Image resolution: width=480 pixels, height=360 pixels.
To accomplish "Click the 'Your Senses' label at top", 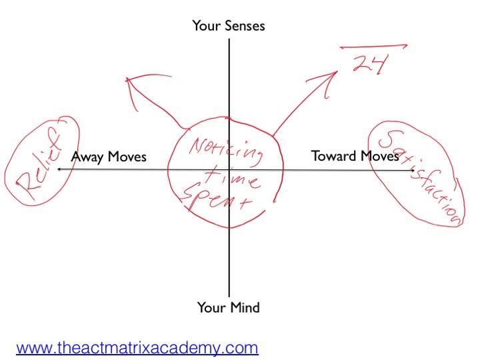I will tap(229, 26).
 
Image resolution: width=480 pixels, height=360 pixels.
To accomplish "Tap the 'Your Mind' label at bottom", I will tap(228, 307).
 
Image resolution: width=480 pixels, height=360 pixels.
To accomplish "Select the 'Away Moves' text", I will tap(108, 157).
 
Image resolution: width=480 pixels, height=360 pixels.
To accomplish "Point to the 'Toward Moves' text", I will tap(355, 156).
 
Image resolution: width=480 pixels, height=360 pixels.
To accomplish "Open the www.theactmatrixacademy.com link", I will tap(137, 347).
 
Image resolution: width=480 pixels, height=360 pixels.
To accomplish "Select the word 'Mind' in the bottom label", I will tap(244, 307).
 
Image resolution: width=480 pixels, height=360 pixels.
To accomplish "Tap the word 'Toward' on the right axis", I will tap(335, 156).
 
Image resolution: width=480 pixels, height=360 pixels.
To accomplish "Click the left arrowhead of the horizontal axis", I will tap(59, 170).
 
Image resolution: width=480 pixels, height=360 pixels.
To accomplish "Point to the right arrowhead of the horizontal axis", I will tap(415, 171).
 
